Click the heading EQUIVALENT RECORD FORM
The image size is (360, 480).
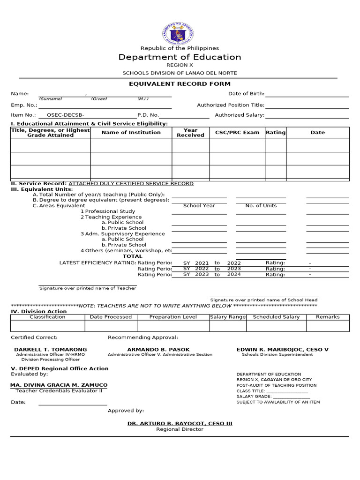click(180, 84)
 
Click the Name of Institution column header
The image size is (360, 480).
click(131, 133)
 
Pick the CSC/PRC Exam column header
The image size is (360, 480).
click(237, 133)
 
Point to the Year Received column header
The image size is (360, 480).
click(190, 133)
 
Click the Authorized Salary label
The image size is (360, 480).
click(240, 115)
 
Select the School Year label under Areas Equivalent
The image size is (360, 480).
click(199, 206)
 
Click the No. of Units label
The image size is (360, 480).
click(261, 206)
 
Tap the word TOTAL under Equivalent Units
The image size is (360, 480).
click(133, 256)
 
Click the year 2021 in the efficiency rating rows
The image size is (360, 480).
click(202, 263)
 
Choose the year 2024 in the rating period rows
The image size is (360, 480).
click(234, 275)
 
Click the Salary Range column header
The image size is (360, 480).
click(228, 317)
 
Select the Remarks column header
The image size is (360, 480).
click(328, 317)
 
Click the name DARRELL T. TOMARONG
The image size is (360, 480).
click(51, 350)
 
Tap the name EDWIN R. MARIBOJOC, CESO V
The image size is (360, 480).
click(283, 350)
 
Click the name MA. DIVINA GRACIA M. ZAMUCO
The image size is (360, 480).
click(59, 385)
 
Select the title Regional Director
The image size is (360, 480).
click(180, 429)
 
